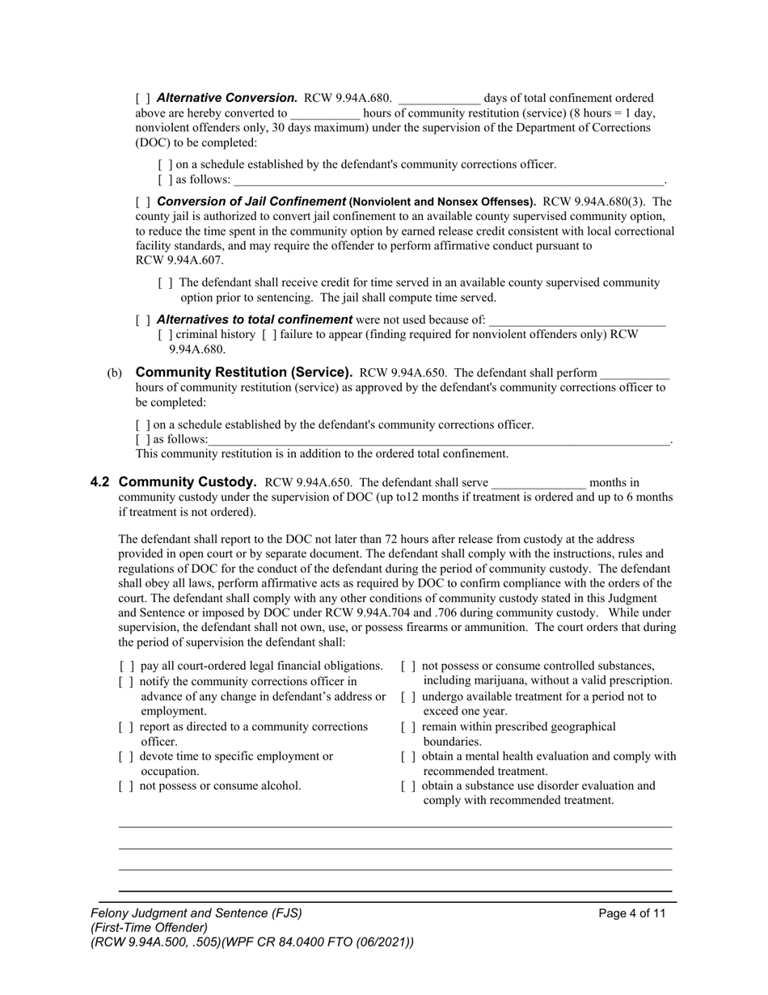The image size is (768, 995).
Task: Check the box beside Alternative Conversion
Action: click(142, 98)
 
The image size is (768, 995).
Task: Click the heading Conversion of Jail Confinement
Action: click(251, 201)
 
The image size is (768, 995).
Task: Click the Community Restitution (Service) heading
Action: click(243, 372)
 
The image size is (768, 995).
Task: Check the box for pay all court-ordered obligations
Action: click(126, 666)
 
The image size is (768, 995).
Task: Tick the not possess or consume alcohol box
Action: click(126, 785)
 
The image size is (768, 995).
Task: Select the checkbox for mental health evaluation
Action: click(408, 756)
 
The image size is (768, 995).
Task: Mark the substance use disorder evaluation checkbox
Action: click(408, 785)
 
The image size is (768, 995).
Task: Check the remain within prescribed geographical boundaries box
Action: click(408, 726)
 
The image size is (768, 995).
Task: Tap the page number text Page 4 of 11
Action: click(632, 913)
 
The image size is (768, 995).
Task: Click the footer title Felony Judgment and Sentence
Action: click(196, 913)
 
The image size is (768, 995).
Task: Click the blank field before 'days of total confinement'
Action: click(439, 99)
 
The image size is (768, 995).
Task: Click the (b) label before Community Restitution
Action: click(115, 373)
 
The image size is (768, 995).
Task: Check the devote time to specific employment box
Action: click(126, 756)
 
